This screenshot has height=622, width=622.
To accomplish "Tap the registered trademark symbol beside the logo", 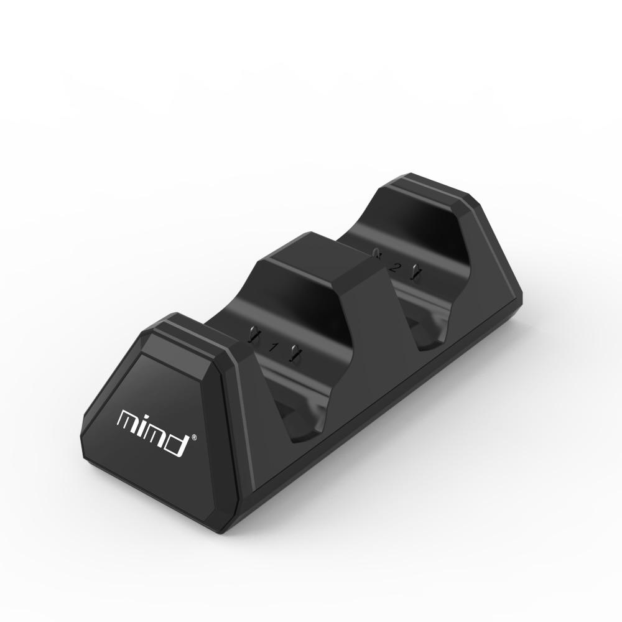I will (195, 437).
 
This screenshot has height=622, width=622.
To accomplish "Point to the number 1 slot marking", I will (272, 346).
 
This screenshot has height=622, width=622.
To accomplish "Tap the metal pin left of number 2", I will (377, 253).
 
